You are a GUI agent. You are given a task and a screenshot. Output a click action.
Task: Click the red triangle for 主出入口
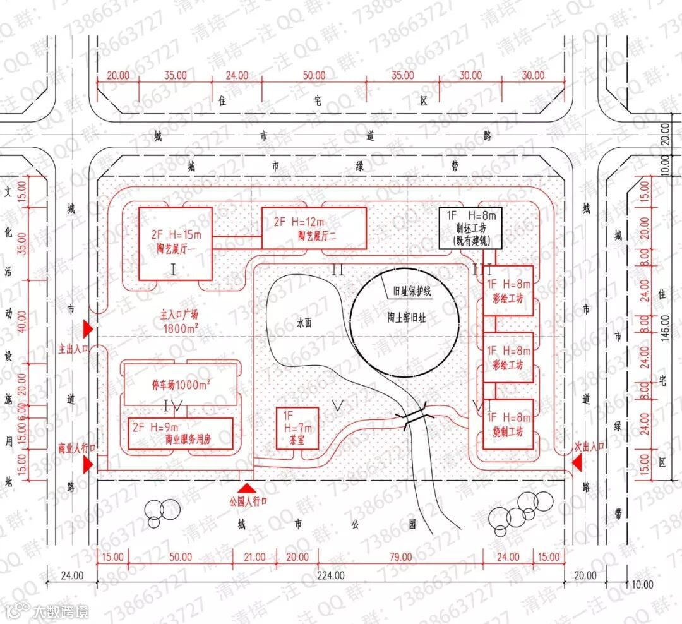(88, 329)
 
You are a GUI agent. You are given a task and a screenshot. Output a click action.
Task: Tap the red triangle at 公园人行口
(246, 488)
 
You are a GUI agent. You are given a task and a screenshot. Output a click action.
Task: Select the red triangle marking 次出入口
(577, 464)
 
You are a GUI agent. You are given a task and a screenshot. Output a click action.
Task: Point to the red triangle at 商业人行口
(88, 464)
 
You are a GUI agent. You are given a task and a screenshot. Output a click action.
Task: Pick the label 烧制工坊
(508, 433)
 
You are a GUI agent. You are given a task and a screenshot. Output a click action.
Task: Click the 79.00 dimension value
(400, 557)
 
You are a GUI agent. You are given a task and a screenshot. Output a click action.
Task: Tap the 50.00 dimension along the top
(314, 75)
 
